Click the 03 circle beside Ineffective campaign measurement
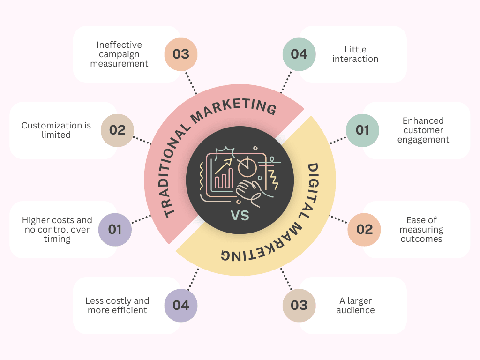(181, 54)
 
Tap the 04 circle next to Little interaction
(299, 54)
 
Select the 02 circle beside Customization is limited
(117, 130)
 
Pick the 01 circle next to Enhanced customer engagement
(363, 130)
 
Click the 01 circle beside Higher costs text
(115, 230)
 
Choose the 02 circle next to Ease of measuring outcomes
(364, 230)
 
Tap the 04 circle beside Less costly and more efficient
(181, 306)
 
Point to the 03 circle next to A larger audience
(299, 306)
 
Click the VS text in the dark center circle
(240, 216)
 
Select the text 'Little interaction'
(355, 54)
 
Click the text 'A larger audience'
(355, 306)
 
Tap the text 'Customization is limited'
(56, 130)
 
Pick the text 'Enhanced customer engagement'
(423, 130)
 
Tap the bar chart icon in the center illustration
(224, 177)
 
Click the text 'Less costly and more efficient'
(117, 306)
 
